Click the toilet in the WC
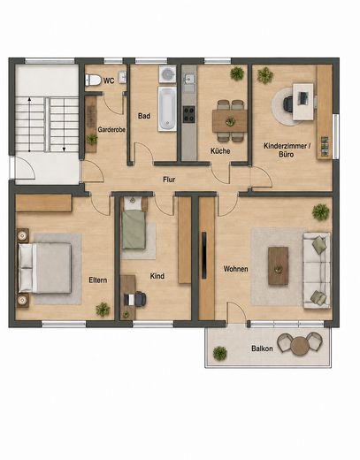tap(93, 80)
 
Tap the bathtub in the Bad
tap(167, 109)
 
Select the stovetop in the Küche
tap(188, 114)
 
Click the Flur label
tap(169, 180)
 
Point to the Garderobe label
tap(111, 129)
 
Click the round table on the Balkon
tap(300, 345)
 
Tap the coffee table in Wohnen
tap(278, 266)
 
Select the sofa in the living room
tap(317, 271)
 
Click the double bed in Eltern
tap(45, 268)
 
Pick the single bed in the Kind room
tap(134, 224)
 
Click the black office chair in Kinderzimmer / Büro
tap(288, 103)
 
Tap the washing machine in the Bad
tap(167, 74)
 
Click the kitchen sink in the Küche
tap(189, 79)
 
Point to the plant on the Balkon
tap(220, 353)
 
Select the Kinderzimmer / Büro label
tap(287, 149)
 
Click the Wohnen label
tap(235, 269)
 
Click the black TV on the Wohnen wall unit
tap(204, 256)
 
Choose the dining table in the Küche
tap(230, 121)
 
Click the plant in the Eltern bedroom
tap(103, 310)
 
